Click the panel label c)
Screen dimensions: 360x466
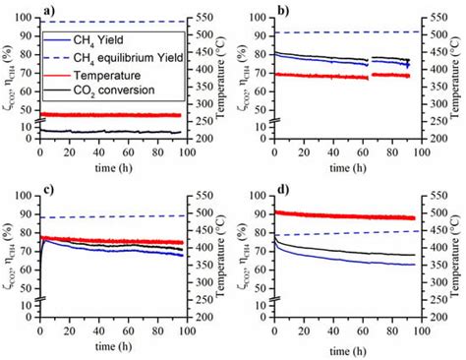pyautogui.click(x=45, y=188)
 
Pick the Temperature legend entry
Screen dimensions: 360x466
pyautogui.click(x=114, y=74)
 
